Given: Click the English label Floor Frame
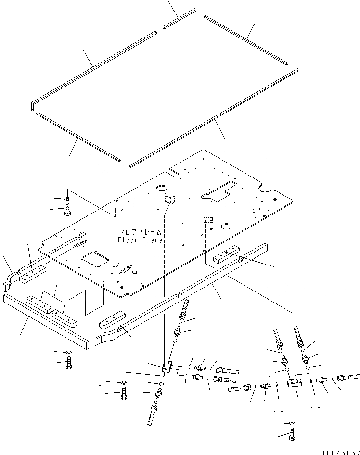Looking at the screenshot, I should pyautogui.click(x=140, y=240).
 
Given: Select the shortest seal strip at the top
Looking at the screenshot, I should pyautogui.click(x=179, y=18).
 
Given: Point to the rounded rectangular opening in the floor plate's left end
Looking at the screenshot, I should pyautogui.click(x=95, y=260).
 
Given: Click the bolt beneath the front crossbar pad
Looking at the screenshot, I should pyautogui.click(x=69, y=364).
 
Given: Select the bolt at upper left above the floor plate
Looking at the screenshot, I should pyautogui.click(x=68, y=209).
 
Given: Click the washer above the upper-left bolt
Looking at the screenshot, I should pyautogui.click(x=68, y=198).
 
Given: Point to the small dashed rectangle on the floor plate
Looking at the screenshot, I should pyautogui.click(x=208, y=220).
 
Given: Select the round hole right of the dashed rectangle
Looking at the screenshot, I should pyautogui.click(x=225, y=226).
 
